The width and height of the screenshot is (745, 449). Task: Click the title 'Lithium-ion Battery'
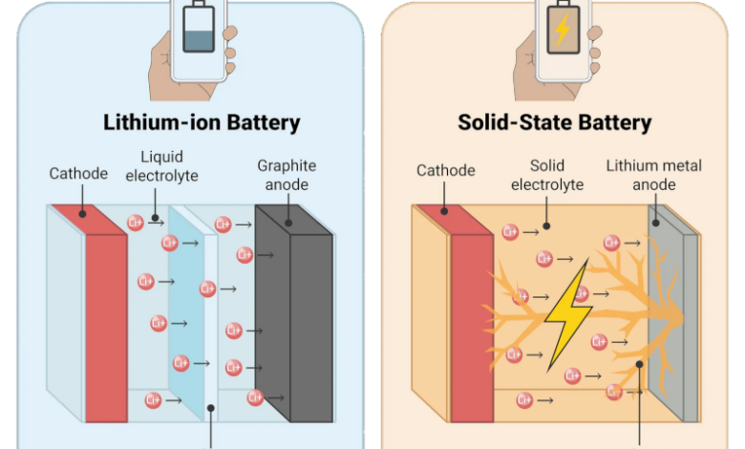202,122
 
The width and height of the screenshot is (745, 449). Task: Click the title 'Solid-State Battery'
555,122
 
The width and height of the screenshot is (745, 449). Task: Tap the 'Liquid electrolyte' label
160,165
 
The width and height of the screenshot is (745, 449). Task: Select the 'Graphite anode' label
286,175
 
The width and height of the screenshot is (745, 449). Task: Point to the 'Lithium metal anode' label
654,175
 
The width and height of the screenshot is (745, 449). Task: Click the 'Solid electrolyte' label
546,175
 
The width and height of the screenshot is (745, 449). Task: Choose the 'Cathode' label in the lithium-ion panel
78,173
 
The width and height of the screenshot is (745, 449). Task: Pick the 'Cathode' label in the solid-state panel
445,170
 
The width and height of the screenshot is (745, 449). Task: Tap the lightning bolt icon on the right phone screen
563,32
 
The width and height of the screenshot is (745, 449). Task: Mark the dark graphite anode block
294,320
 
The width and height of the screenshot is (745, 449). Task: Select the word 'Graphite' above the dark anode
286,165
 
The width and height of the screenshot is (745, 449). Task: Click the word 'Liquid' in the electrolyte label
160,156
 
